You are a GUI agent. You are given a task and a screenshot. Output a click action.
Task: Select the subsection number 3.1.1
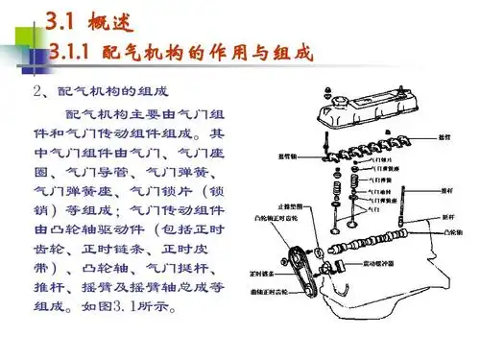pyautogui.click(x=81, y=50)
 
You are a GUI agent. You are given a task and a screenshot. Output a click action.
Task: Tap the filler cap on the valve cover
pyautogui.click(x=330, y=98)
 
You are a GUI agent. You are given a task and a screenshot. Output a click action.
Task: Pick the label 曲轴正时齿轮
pyautogui.click(x=272, y=289)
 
